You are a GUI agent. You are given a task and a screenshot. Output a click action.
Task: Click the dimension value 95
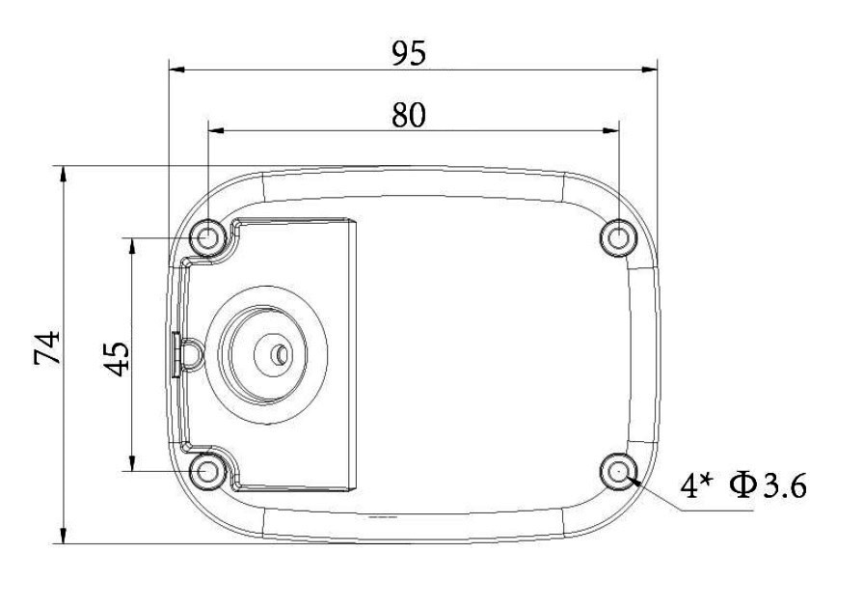coord(409,54)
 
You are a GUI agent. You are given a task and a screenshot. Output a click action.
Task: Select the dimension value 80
coord(409,116)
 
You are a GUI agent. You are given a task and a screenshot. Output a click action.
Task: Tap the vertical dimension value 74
coord(47,347)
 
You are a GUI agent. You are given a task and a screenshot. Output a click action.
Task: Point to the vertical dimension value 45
coord(118,359)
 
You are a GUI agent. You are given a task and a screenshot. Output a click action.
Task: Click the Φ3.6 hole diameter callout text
coord(769,485)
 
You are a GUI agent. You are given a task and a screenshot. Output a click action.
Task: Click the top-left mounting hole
coord(207,238)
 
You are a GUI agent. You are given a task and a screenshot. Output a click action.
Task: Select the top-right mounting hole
coord(619,238)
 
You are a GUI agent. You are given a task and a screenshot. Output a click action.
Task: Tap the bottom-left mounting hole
coord(207,471)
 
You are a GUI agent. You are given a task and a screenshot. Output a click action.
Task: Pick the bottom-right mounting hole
coord(619,471)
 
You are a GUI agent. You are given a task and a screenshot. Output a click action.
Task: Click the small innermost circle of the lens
coord(282,355)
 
